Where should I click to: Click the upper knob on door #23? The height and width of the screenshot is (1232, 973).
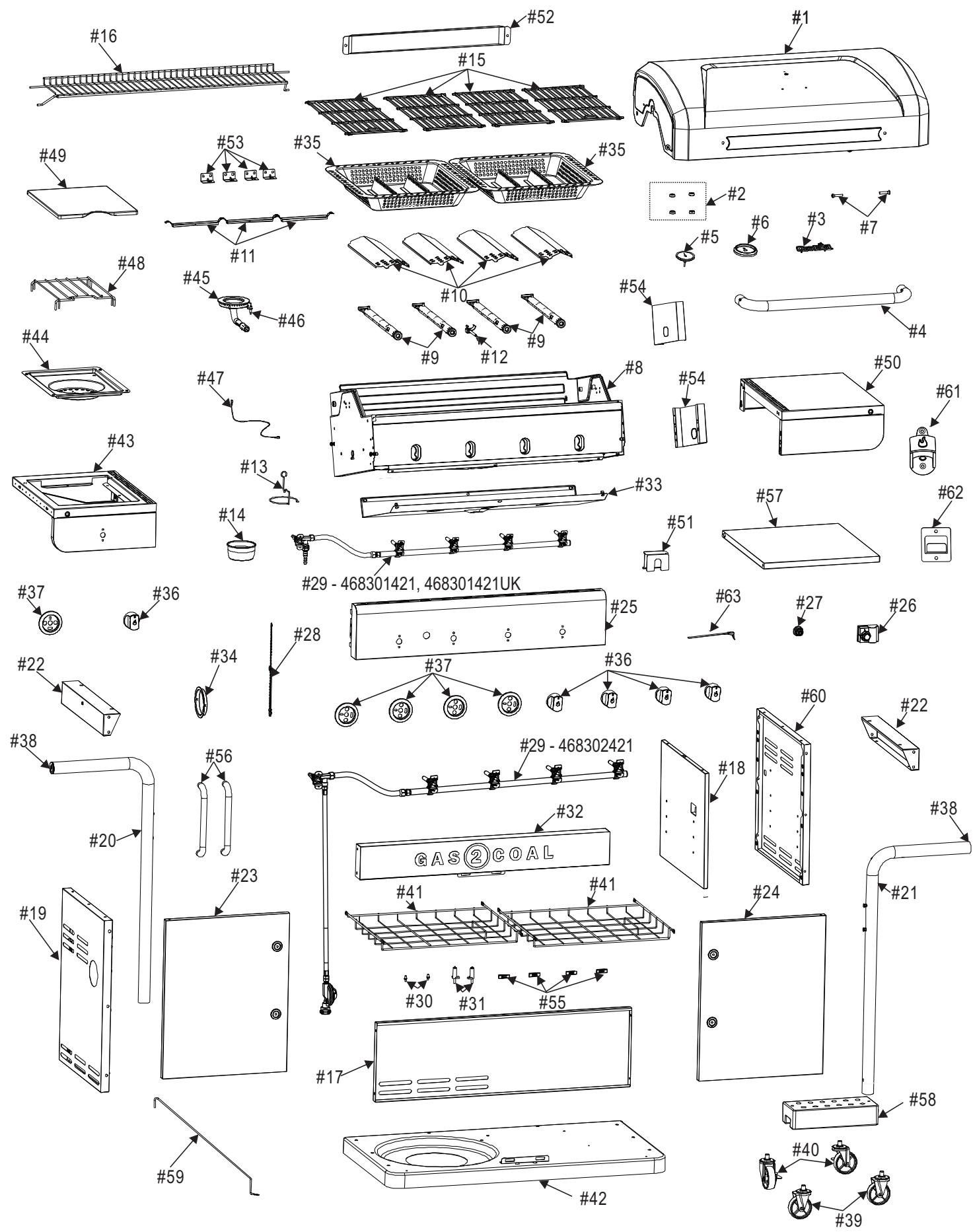(276, 947)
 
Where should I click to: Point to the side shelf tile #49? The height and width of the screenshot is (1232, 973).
(83, 201)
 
